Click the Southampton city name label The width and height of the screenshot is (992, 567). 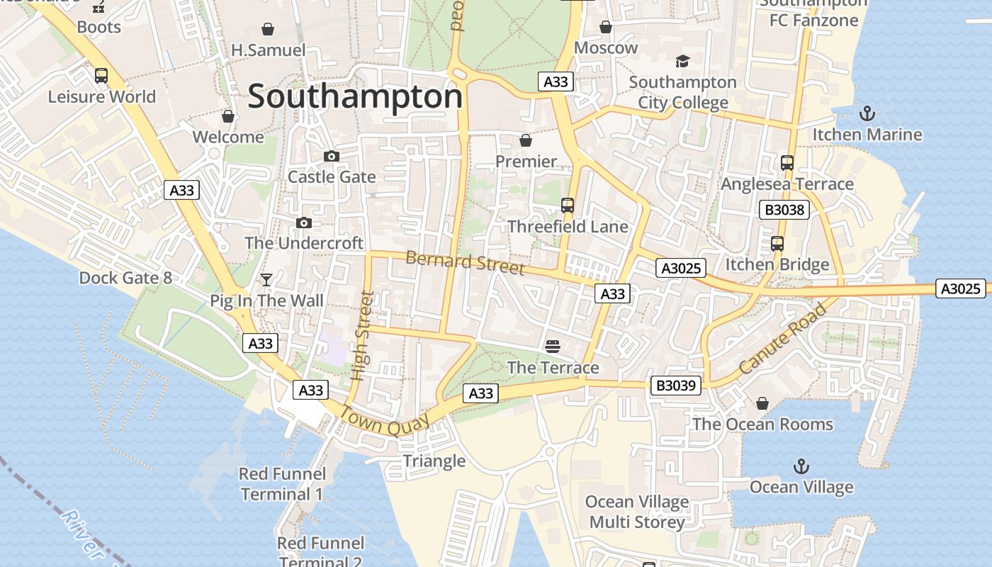click(355, 96)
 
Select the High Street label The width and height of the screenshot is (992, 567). click(362, 335)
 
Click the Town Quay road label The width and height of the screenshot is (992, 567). click(385, 420)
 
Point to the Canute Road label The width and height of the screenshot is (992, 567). click(782, 339)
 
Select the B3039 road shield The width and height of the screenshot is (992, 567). click(677, 386)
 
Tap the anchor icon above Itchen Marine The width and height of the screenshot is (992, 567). click(866, 113)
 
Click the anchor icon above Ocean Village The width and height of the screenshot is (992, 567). click(801, 466)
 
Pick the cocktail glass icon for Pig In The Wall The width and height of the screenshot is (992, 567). click(266, 280)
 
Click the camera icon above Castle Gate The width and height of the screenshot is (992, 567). click(331, 156)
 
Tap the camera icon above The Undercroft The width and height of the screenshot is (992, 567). click(303, 223)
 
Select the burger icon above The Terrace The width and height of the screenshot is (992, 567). click(553, 346)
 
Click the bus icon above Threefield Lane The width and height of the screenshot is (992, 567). click(567, 206)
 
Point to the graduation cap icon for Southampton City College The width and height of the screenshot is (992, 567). click(682, 62)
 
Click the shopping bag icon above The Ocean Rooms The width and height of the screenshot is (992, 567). click(762, 403)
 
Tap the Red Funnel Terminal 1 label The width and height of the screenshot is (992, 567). click(282, 484)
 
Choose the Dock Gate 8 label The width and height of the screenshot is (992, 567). click(125, 278)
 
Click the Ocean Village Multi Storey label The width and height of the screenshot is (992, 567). click(636, 512)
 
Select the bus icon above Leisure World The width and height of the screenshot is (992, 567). click(101, 76)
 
